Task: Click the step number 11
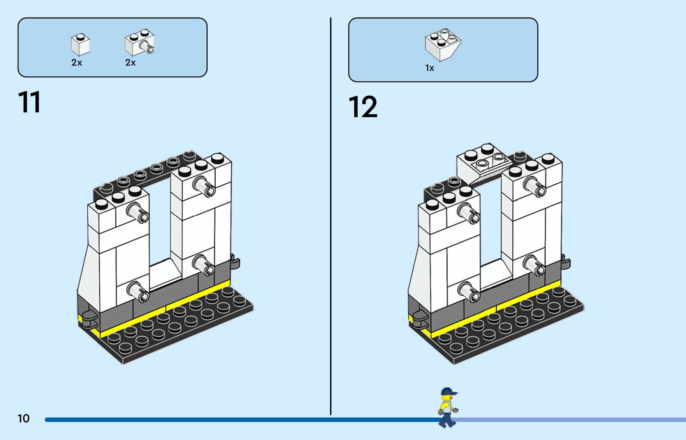point(29,102)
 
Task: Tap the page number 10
point(24,419)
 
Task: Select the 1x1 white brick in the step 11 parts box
point(80,45)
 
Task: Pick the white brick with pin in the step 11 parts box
point(139,42)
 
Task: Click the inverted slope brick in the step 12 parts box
point(443,45)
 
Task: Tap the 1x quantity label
point(430,68)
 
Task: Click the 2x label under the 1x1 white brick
point(77,63)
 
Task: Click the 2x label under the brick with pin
point(130,63)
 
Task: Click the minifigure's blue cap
point(448,391)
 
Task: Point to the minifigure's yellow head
point(447,398)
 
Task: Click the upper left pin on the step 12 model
point(469,213)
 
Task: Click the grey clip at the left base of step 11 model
point(89,318)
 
